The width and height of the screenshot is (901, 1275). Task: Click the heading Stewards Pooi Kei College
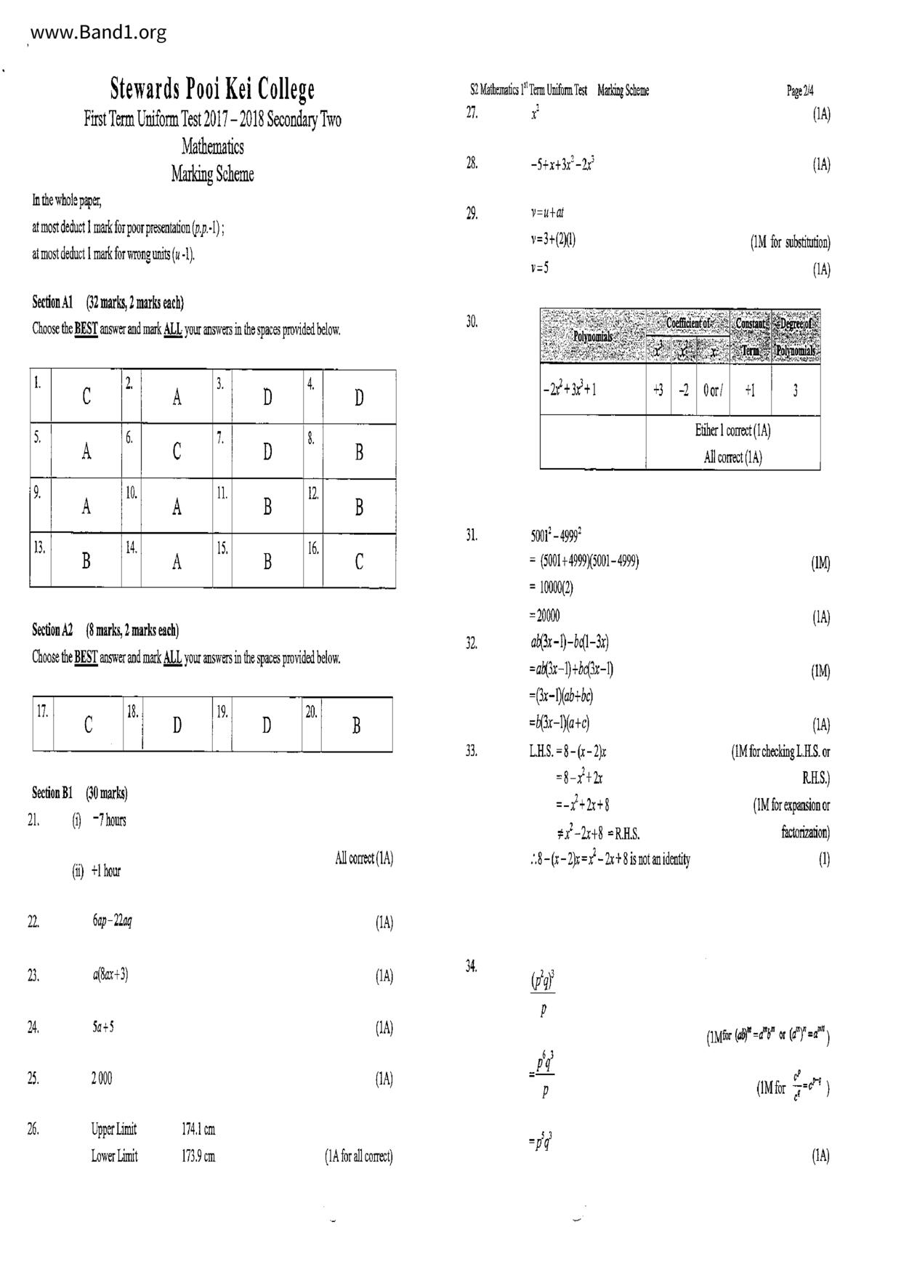pyautogui.click(x=212, y=89)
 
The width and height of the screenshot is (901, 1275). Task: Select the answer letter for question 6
pyautogui.click(x=177, y=452)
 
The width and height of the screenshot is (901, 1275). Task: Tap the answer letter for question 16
pyautogui.click(x=359, y=562)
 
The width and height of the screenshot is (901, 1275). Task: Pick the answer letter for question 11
pyautogui.click(x=267, y=507)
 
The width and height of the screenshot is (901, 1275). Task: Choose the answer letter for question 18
pyautogui.click(x=177, y=725)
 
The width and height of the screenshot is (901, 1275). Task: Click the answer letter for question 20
pyautogui.click(x=356, y=725)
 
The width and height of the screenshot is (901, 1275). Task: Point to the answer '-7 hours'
pyautogui.click(x=109, y=821)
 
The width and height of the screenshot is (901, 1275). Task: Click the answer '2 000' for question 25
pyautogui.click(x=102, y=1079)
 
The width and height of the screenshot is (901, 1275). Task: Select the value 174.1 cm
pyautogui.click(x=198, y=1130)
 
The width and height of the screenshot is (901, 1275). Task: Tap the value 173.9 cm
pyautogui.click(x=198, y=1157)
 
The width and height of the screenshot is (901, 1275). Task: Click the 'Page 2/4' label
pyautogui.click(x=800, y=91)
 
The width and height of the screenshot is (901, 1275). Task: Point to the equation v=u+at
pyautogui.click(x=547, y=213)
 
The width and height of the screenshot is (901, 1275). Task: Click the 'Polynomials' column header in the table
pyautogui.click(x=593, y=337)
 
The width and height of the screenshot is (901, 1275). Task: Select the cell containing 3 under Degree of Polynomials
pyautogui.click(x=795, y=390)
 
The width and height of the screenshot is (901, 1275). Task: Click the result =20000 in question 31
pyautogui.click(x=545, y=616)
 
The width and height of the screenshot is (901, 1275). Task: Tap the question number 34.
pyautogui.click(x=472, y=966)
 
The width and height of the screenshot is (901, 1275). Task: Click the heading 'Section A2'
pyautogui.click(x=52, y=630)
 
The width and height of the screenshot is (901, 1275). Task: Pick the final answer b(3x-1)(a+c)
pyautogui.click(x=559, y=723)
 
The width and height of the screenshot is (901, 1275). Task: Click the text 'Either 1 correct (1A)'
pyautogui.click(x=732, y=430)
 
